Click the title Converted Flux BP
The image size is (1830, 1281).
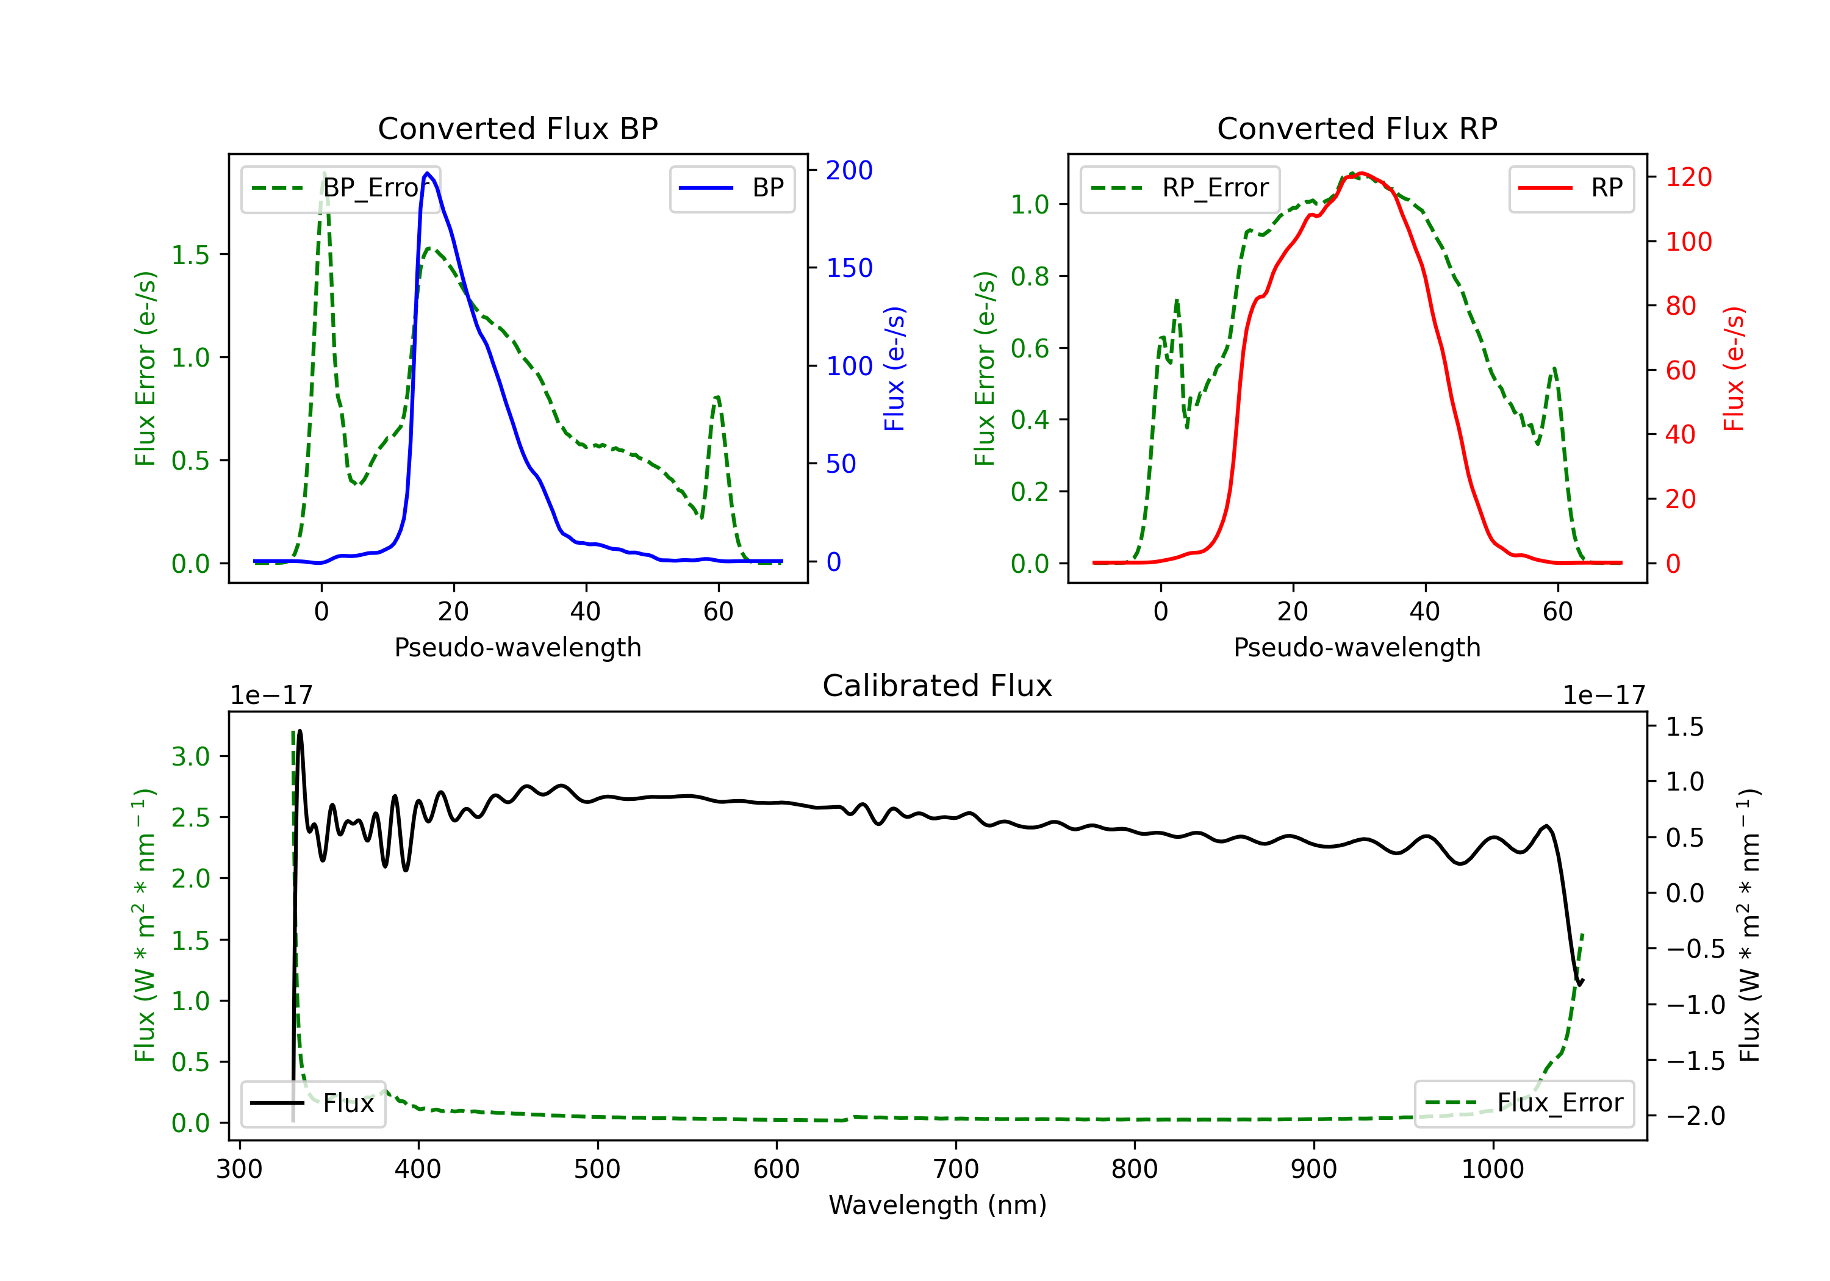click(517, 128)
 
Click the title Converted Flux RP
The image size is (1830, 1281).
click(1357, 128)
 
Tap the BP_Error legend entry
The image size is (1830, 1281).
click(340, 188)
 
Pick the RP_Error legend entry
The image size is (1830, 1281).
click(1180, 188)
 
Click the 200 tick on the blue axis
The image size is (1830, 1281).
click(849, 170)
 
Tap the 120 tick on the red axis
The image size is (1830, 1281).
click(1688, 177)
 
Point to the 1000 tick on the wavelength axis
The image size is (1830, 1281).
click(1492, 1169)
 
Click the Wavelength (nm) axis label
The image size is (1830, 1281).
click(938, 1205)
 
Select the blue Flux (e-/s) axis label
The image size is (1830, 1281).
click(894, 368)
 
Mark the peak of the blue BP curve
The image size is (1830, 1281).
click(428, 173)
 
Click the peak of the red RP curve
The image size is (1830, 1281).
click(1362, 173)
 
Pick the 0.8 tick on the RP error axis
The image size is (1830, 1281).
click(1030, 276)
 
